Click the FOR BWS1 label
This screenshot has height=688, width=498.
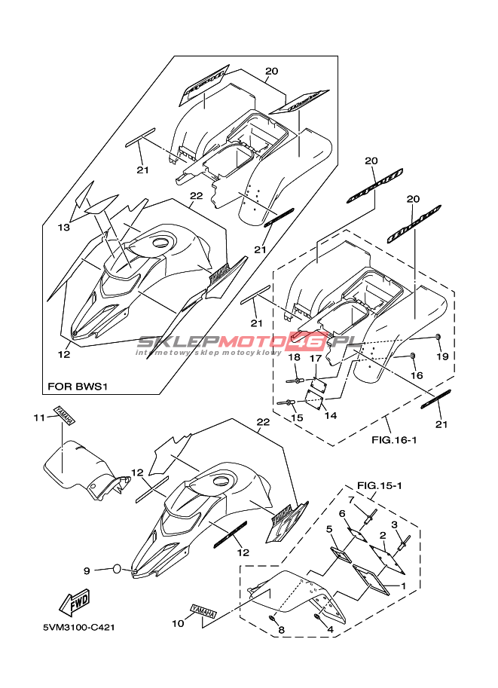click(x=78, y=387)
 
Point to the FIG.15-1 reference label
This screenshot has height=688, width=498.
click(x=379, y=485)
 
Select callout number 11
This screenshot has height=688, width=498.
click(x=38, y=417)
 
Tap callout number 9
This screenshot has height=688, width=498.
click(x=87, y=570)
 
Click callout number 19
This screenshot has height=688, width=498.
click(x=442, y=356)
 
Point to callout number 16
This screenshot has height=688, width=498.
click(x=417, y=375)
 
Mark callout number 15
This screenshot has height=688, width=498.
click(x=297, y=417)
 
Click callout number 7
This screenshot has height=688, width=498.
click(x=351, y=499)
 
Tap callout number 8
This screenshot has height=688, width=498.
click(x=280, y=631)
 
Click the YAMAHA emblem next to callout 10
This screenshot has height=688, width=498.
click(x=203, y=613)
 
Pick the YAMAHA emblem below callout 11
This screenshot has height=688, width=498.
click(x=63, y=416)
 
